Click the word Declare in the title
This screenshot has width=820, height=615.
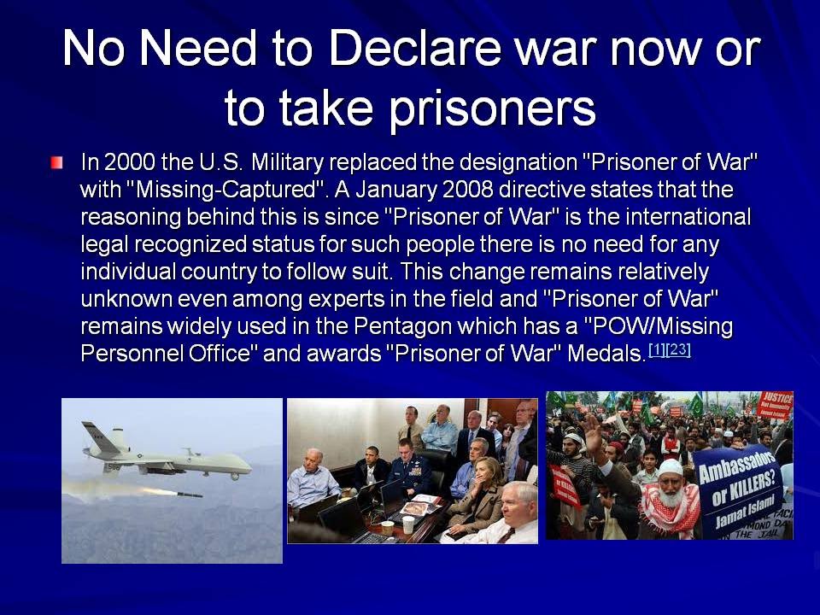tap(415, 48)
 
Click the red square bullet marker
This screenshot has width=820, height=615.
tap(57, 162)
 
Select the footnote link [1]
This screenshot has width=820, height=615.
tap(658, 349)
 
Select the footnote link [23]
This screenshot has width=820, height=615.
tap(679, 349)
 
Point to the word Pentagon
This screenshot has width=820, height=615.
tap(402, 326)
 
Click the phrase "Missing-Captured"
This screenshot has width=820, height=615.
tap(223, 190)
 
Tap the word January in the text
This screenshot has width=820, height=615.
tap(395, 190)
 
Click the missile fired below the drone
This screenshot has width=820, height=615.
tap(182, 494)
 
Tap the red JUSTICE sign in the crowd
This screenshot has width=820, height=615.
tap(776, 404)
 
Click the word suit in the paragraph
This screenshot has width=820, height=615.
tap(373, 272)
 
